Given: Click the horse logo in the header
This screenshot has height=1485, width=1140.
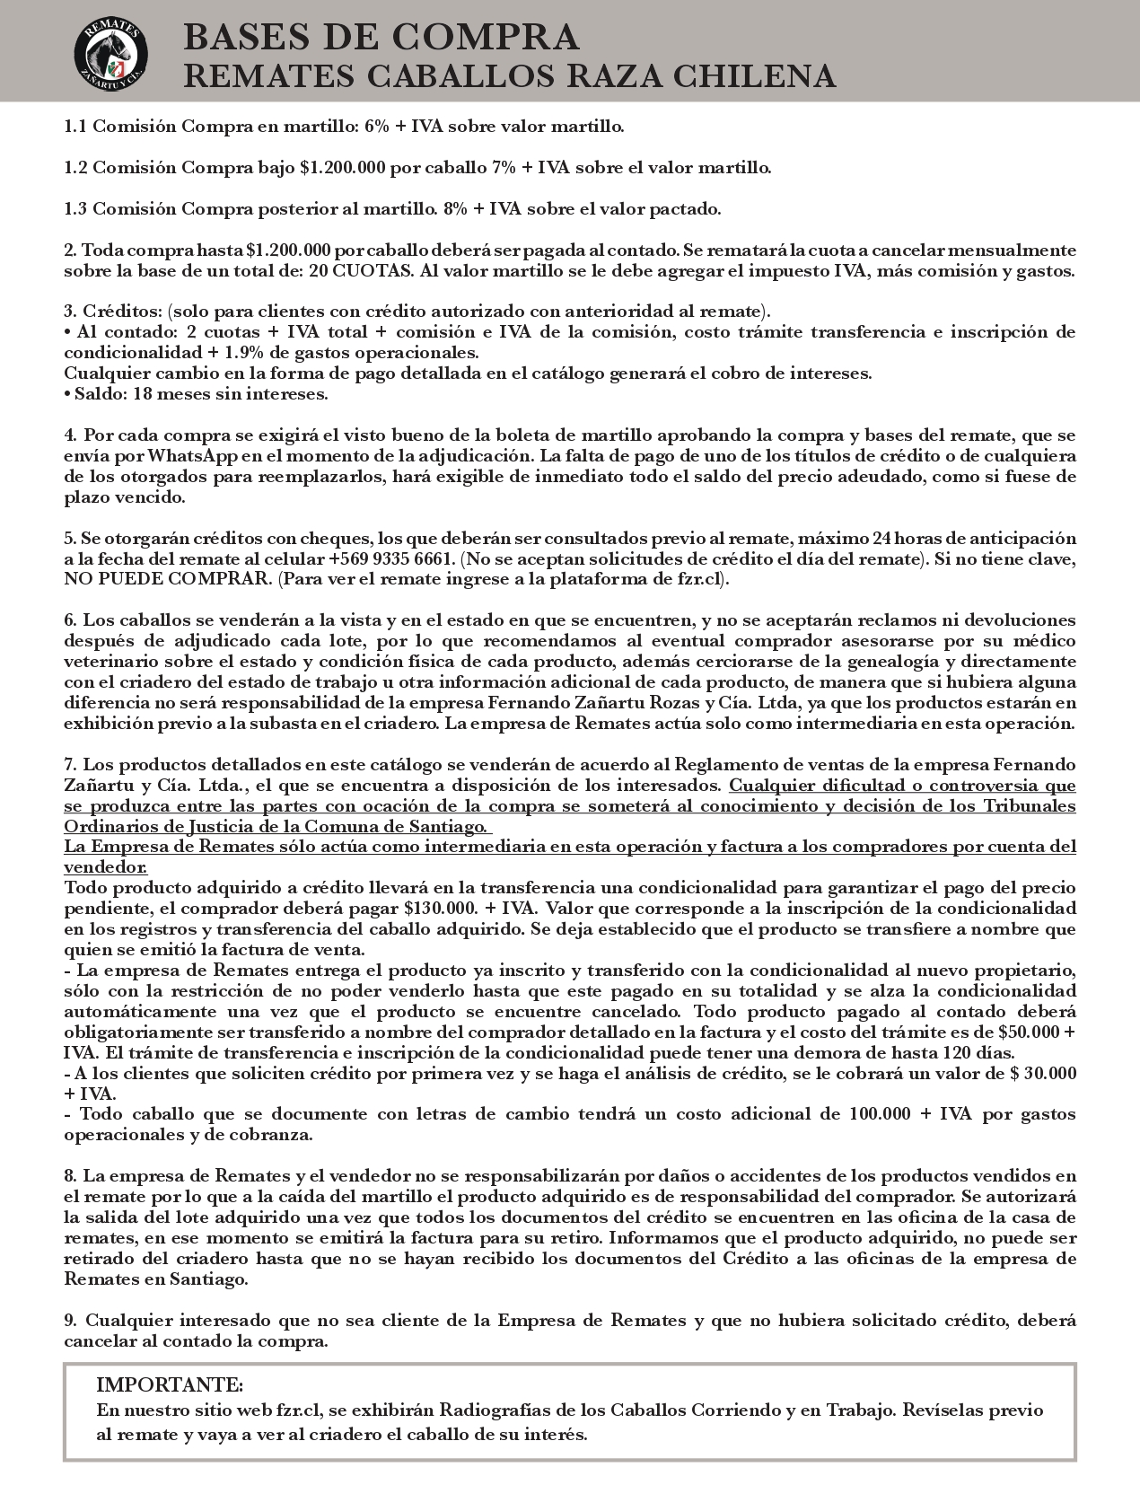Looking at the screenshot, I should [111, 50].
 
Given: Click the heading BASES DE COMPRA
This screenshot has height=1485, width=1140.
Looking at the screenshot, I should [381, 38].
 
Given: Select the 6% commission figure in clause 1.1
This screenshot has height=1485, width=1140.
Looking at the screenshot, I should [376, 127].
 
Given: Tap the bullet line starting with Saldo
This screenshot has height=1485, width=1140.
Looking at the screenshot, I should [196, 394].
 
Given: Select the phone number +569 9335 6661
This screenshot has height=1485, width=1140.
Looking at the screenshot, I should [390, 559].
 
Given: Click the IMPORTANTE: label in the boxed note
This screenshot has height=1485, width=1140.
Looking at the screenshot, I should [170, 1384].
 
